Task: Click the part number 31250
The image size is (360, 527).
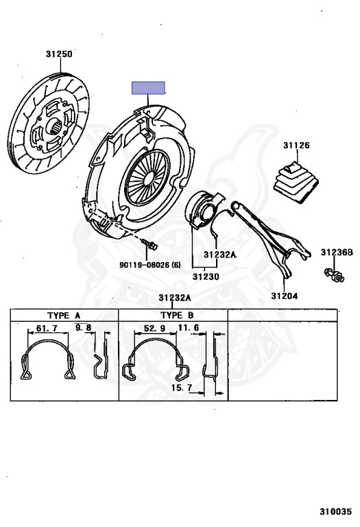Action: point(59,54)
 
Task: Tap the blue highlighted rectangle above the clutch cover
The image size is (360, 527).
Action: point(148,88)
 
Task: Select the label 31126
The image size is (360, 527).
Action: point(296,145)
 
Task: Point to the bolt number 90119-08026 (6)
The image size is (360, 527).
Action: point(150,265)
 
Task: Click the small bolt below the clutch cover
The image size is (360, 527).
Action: point(149,244)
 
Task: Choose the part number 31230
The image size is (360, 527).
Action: point(206,277)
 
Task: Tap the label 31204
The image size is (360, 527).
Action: point(285,296)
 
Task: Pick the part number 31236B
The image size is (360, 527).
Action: point(337,252)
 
